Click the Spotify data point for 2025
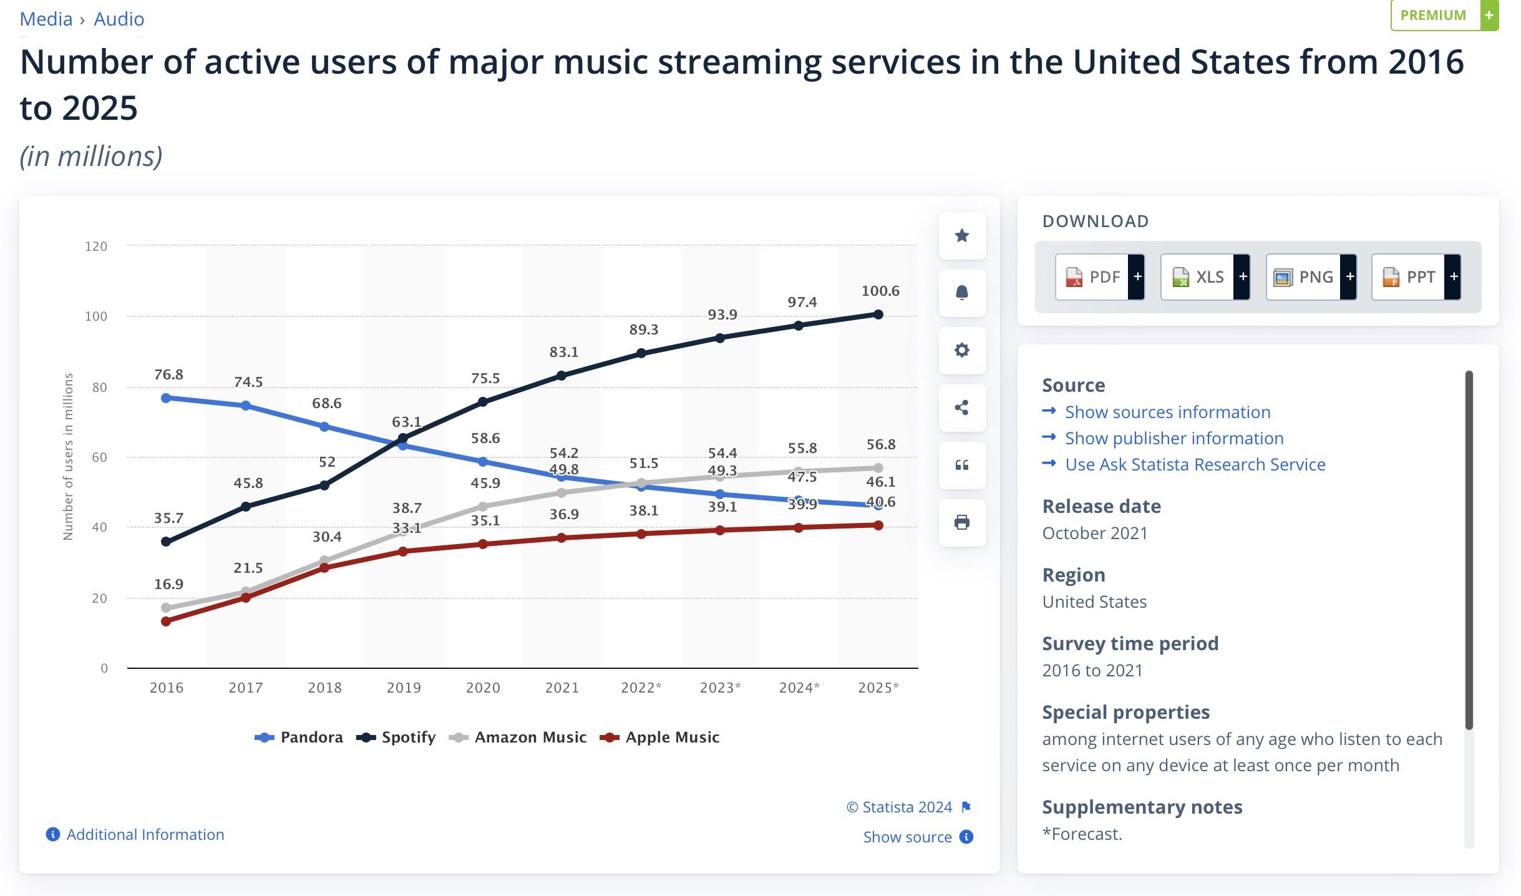pyautogui.click(x=878, y=314)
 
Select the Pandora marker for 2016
pyautogui.click(x=166, y=398)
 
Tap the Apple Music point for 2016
pyautogui.click(x=166, y=621)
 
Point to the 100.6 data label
pyautogui.click(x=880, y=291)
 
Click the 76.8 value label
pyautogui.click(x=168, y=374)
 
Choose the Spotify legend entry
pyautogui.click(x=396, y=738)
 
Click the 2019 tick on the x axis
pyautogui.click(x=404, y=688)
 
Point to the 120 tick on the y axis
pyautogui.click(x=96, y=246)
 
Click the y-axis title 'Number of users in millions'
pyautogui.click(x=68, y=457)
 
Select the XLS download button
pyautogui.click(x=1205, y=277)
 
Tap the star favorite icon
pyautogui.click(x=962, y=235)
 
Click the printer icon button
pyautogui.click(x=962, y=522)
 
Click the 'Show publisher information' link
pyautogui.click(x=1174, y=438)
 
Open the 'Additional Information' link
pyautogui.click(x=145, y=835)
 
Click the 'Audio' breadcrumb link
pyautogui.click(x=119, y=19)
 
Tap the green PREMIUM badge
pyautogui.click(x=1443, y=15)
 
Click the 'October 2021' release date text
pyautogui.click(x=1095, y=533)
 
